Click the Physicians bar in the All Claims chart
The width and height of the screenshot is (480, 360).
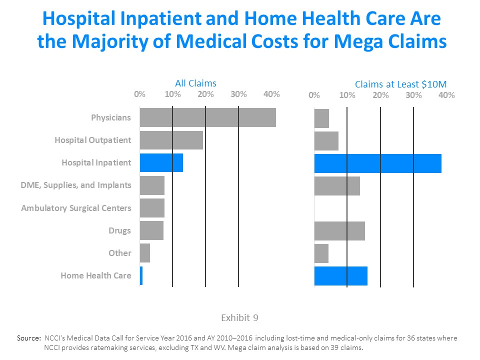(207, 117)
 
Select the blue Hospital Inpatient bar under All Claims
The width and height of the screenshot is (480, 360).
(161, 163)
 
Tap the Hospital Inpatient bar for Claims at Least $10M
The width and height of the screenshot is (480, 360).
(377, 163)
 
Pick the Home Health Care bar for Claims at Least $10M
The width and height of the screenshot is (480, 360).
(340, 276)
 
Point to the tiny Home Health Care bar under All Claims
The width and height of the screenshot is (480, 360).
(141, 276)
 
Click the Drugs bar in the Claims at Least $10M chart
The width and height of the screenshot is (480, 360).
(339, 230)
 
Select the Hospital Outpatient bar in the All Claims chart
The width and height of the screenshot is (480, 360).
(171, 140)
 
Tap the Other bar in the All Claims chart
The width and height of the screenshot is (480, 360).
(145, 253)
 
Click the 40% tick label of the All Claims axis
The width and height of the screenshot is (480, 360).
(271, 94)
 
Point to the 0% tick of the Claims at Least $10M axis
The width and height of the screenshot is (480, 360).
(314, 95)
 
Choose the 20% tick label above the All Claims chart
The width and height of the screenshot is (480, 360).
(205, 94)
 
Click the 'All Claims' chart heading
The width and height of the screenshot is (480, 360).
(195, 83)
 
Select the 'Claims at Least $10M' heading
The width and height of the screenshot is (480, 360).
(400, 84)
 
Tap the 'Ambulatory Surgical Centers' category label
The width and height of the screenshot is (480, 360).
(76, 208)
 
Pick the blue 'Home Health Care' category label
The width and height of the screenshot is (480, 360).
(96, 275)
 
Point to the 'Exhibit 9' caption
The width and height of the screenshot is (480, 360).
(239, 317)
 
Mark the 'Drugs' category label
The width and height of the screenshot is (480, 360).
(119, 230)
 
